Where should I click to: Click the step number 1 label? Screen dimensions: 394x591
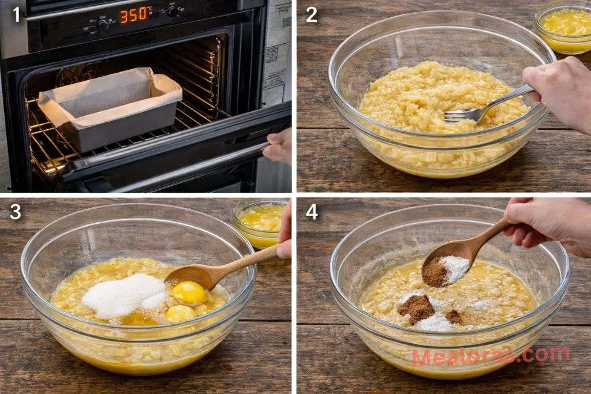[x=16, y=14]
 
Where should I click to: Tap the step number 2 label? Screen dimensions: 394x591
[x=312, y=14]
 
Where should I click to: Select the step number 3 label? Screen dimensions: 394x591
[x=16, y=212]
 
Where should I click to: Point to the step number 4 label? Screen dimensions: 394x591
[x=312, y=212]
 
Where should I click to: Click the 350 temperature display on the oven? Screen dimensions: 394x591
[x=134, y=15]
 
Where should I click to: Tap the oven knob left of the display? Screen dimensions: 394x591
[x=103, y=25]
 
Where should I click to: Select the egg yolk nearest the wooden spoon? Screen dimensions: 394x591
[x=189, y=292]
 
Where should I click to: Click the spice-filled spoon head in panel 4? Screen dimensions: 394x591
[x=446, y=269]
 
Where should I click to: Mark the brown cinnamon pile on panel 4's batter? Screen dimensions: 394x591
[x=417, y=309]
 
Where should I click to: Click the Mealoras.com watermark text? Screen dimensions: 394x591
[x=491, y=356]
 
